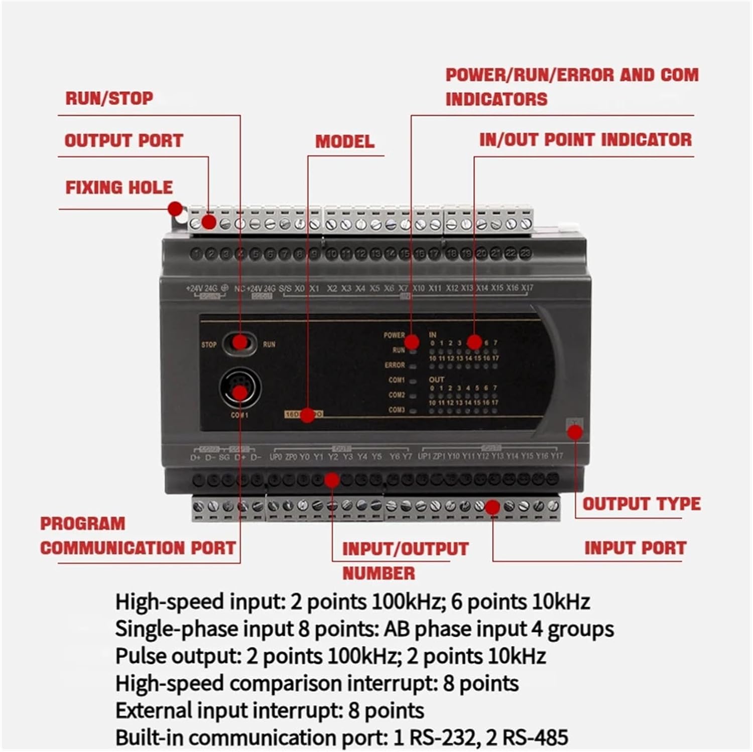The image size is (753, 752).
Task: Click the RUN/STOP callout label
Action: [x=109, y=98]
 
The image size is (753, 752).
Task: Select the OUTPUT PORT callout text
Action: [x=123, y=141]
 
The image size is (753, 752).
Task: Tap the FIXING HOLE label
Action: [x=119, y=188]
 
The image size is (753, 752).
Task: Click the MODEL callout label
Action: [x=344, y=142]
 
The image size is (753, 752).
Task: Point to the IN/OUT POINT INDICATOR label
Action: [x=585, y=140]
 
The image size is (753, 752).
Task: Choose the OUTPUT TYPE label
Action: [x=641, y=504]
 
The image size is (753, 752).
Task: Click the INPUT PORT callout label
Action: [x=635, y=548]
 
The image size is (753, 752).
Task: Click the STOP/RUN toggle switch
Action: [x=239, y=343]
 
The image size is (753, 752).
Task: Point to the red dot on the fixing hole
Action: [x=175, y=209]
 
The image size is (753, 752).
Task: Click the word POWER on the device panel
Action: [x=394, y=335]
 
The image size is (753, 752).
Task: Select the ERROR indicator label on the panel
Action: [x=395, y=365]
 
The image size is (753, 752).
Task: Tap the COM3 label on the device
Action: [x=396, y=410]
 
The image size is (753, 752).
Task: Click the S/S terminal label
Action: [x=285, y=289]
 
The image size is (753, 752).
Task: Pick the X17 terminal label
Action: [x=527, y=288]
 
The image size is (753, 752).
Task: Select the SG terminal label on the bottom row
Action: [x=224, y=457]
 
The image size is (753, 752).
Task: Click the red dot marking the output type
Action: [x=575, y=432]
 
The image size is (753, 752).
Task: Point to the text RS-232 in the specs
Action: [x=442, y=738]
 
